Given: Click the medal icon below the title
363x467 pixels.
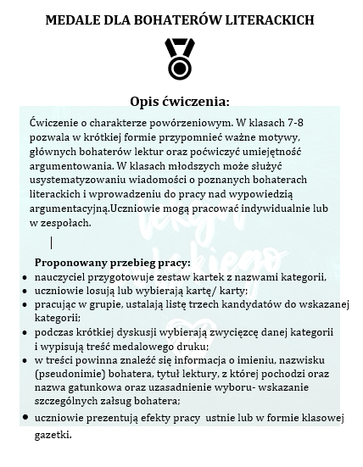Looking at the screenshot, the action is click(x=180, y=58).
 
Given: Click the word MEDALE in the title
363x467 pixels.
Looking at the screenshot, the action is click(x=74, y=18).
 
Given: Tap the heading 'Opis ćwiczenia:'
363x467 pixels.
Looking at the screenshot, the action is click(x=181, y=100).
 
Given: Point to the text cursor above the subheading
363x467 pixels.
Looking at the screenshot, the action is click(x=52, y=242).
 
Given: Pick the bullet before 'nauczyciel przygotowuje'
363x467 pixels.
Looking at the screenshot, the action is click(x=25, y=277).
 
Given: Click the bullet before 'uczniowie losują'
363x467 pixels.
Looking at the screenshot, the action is click(x=25, y=291).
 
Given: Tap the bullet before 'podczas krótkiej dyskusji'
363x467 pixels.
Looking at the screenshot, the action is click(x=25, y=333).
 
